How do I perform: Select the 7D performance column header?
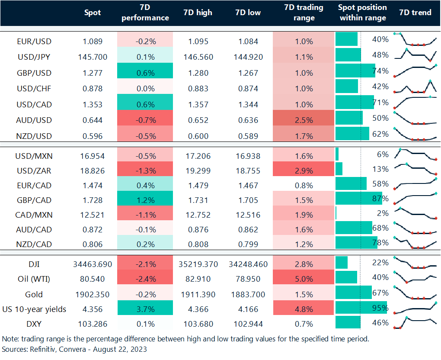tap(145, 13)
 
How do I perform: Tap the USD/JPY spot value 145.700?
tap(93, 57)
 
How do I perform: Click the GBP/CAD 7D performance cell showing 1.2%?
tap(145, 200)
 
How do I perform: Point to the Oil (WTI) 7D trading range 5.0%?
tap(304, 279)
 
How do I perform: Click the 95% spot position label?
tap(380, 309)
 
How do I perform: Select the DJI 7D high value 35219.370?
tap(198, 264)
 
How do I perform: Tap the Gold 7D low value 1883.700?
tap(248, 295)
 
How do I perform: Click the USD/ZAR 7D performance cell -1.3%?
tap(145, 170)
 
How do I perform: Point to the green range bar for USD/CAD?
tap(355, 102)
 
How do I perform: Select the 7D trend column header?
tap(415, 13)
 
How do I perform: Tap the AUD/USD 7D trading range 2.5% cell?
tap(304, 120)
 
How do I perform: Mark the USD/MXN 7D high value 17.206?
tap(198, 156)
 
